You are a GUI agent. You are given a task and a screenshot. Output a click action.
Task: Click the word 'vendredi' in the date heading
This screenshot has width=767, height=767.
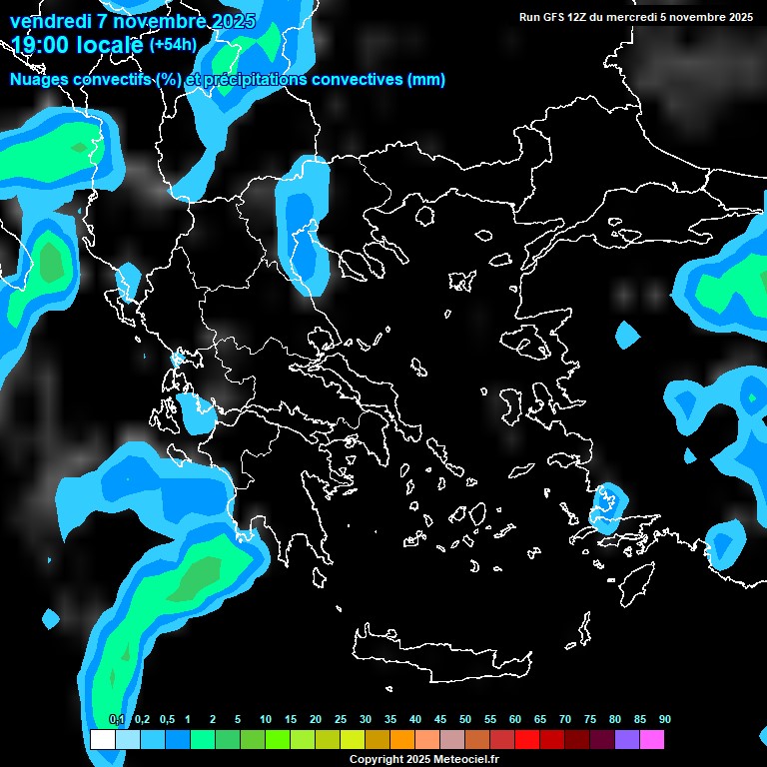tap(50, 21)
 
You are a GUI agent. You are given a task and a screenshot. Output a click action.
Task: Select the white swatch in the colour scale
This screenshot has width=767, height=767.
tap(102, 740)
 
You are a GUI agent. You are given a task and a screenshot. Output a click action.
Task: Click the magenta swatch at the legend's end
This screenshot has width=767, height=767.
tap(652, 740)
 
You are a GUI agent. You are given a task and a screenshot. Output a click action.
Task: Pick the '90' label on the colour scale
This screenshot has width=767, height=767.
tap(665, 720)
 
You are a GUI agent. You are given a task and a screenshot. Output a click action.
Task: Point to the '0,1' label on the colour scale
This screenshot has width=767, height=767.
tap(117, 720)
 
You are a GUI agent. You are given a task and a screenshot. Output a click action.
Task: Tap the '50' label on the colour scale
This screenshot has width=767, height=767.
tap(465, 720)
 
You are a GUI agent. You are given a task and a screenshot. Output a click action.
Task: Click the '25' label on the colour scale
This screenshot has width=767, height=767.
tap(341, 720)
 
